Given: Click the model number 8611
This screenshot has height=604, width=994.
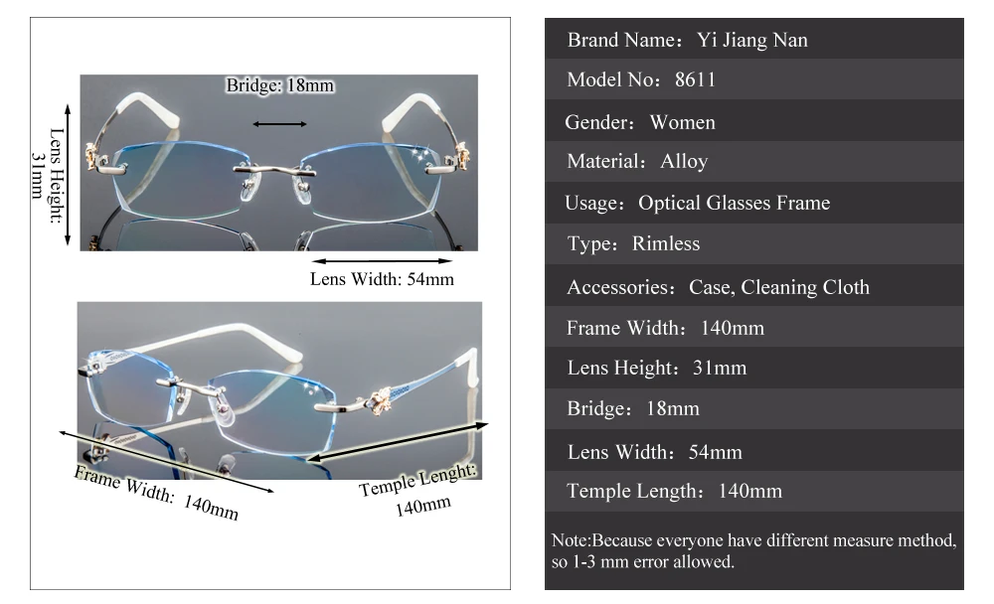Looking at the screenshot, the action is [695, 79].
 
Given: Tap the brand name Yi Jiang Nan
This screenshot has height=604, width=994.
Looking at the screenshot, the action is [752, 40].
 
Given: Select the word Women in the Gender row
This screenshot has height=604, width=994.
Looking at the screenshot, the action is [683, 122].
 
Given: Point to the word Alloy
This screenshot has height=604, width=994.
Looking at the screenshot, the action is [684, 162].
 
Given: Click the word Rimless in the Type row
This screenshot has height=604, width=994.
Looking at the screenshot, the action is [666, 244].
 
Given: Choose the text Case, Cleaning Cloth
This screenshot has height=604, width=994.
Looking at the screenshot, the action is [779, 287].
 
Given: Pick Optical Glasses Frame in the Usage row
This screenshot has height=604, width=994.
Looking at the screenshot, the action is [735, 203].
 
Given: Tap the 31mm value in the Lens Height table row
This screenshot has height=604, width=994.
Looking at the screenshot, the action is [720, 369].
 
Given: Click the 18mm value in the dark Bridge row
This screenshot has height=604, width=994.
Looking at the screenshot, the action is [673, 409].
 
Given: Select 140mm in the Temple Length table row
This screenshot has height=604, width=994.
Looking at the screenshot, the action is [749, 491].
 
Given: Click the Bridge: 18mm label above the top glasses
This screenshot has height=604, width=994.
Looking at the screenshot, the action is [279, 85].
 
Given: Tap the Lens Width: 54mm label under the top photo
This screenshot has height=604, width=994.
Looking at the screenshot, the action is [382, 279].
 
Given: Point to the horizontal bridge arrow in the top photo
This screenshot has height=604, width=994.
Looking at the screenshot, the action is [279, 124].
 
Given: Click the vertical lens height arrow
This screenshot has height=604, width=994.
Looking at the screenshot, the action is [68, 175].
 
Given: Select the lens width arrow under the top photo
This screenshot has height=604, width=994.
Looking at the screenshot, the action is [383, 260].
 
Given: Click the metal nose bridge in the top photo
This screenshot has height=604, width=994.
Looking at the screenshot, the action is [274, 170].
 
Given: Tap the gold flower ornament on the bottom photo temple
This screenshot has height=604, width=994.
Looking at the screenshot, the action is [380, 400].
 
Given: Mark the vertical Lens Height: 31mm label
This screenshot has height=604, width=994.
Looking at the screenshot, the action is [48, 176].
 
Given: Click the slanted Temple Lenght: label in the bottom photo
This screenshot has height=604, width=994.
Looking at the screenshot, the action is [417, 480].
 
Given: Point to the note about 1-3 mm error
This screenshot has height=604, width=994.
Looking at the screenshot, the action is [753, 551].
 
